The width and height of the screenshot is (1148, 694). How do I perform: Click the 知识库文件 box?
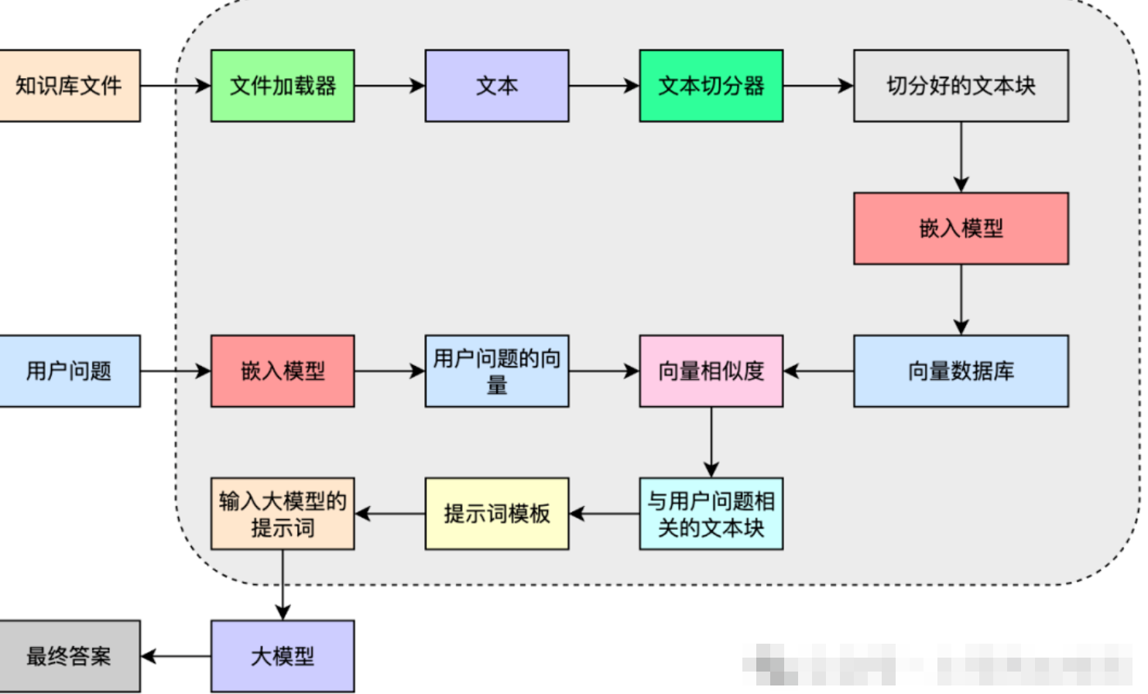click(69, 86)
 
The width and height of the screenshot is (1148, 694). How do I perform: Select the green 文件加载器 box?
click(283, 86)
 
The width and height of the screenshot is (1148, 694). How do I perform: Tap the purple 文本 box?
click(497, 86)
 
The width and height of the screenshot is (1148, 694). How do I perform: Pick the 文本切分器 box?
click(711, 86)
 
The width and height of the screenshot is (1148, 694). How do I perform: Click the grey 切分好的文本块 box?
click(961, 86)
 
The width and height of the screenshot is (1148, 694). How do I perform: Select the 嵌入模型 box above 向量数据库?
click(961, 228)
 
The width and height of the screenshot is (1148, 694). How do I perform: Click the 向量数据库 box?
click(961, 371)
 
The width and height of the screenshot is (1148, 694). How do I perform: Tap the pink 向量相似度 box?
click(711, 371)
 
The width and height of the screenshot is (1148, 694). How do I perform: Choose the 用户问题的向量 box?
click(497, 371)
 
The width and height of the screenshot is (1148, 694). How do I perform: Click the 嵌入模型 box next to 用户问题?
click(283, 371)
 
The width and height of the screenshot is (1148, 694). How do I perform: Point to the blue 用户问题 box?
click(69, 371)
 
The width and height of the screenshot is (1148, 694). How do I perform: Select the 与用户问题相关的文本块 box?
click(711, 514)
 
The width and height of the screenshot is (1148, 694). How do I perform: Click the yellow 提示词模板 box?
click(497, 514)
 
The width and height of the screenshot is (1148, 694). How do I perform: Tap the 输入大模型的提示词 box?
click(283, 514)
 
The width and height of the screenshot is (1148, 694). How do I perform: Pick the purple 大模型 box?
click(283, 656)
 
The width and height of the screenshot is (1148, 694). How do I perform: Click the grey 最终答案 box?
click(69, 656)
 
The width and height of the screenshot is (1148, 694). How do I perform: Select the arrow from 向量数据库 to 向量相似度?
click(819, 371)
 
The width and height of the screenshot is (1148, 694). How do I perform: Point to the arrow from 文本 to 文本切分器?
click(604, 86)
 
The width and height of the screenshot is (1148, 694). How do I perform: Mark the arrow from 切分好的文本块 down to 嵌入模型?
click(961, 156)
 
